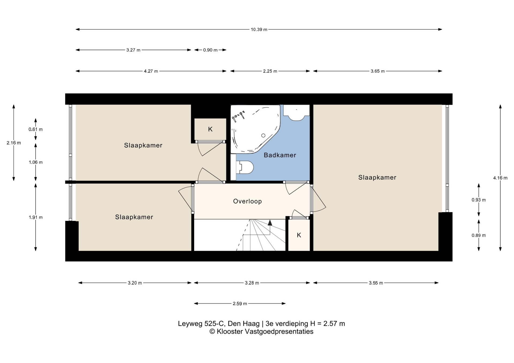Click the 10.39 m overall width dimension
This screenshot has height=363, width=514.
(259, 29)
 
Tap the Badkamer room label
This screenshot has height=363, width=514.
(280, 155)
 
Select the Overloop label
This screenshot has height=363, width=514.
(247, 201)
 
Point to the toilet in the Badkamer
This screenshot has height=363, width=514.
(245, 167)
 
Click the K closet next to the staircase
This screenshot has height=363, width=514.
(299, 235)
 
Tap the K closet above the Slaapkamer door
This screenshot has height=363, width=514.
(210, 129)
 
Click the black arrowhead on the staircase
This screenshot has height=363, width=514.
(270, 222)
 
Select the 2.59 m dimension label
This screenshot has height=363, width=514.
(240, 303)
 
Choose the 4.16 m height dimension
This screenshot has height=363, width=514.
(500, 178)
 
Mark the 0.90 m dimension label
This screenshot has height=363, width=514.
(210, 50)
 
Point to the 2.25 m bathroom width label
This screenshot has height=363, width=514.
(270, 71)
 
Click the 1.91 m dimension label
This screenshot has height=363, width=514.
(36, 217)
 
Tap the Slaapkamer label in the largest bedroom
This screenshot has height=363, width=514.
(377, 177)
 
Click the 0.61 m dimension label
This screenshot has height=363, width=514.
(36, 129)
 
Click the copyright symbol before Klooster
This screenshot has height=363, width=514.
(212, 331)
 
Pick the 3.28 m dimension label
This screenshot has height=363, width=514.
(252, 283)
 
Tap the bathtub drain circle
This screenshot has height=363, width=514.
(263, 136)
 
